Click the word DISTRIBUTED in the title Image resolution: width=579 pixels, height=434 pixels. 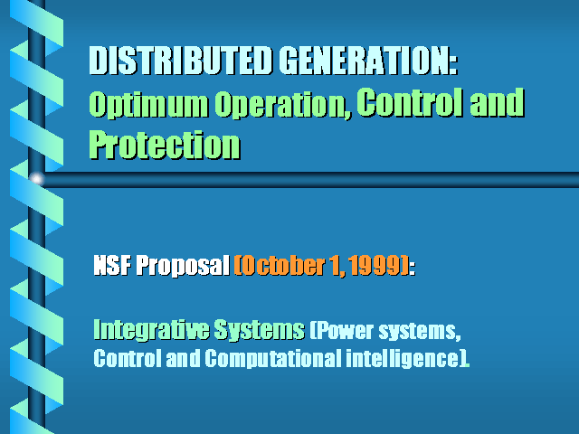coord(181,61)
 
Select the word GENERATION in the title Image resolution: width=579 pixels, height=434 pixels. coord(363,61)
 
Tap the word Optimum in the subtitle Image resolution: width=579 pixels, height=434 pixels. coord(148,106)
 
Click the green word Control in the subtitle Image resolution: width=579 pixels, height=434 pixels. coord(410,102)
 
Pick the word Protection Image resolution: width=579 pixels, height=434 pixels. coord(165,145)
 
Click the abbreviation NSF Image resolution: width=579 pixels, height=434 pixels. coord(112,265)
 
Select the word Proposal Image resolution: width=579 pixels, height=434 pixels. coord(183,266)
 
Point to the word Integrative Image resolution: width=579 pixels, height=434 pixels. coord(151,329)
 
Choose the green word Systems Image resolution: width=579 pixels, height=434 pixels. coord(260,329)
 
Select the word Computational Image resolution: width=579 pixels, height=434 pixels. coord(273,358)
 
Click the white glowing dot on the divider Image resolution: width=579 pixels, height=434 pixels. coord(36,179)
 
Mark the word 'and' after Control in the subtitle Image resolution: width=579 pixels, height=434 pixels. coord(497,102)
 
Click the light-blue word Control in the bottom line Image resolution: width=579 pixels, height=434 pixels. coord(128,358)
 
